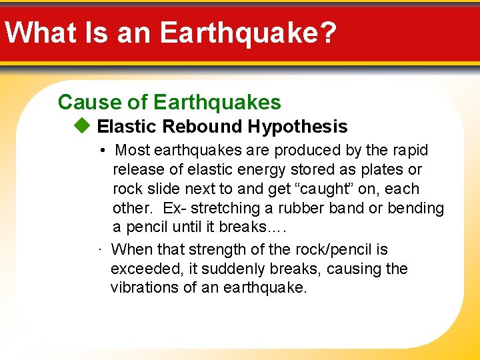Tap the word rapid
click(409, 151)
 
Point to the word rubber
click(297, 209)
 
